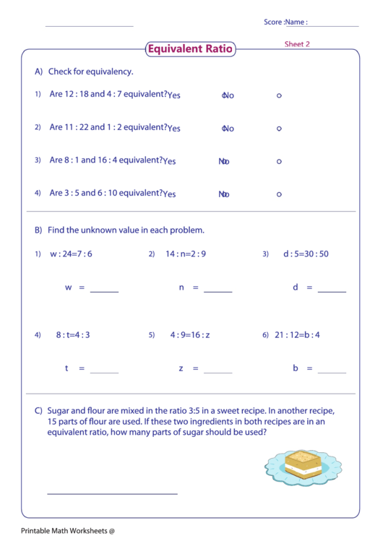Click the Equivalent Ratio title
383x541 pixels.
190,49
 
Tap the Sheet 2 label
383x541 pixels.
296,44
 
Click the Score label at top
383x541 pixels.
272,22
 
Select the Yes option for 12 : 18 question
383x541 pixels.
174,95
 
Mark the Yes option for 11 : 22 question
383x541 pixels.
174,129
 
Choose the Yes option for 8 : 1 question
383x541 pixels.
170,161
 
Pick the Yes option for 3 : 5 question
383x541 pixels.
170,194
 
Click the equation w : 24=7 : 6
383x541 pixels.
71,254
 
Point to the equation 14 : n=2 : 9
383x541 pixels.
186,254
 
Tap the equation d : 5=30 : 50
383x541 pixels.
306,254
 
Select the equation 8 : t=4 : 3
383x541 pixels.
73,335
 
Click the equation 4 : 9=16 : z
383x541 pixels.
190,335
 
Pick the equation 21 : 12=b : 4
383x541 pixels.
297,335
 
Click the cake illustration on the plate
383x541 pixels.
301,464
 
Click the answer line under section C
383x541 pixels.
112,494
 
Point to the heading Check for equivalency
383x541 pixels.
90,72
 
